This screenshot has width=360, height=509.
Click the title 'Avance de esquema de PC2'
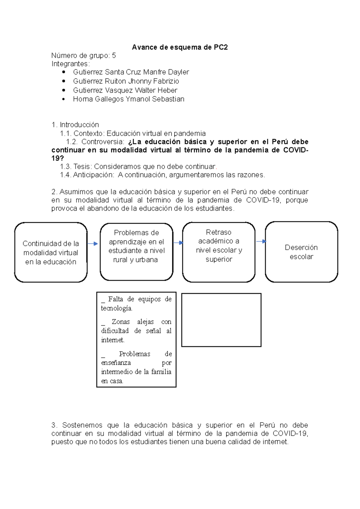[180, 47]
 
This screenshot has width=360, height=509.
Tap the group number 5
[114, 55]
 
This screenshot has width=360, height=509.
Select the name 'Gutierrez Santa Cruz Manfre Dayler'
[131, 72]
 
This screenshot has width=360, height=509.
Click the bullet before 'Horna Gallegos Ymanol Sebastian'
[63, 99]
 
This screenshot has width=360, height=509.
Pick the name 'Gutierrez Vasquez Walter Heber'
[125, 90]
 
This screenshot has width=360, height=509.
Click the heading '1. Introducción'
[75, 125]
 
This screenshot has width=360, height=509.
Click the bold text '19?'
[58, 158]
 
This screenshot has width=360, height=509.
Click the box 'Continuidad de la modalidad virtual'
[51, 252]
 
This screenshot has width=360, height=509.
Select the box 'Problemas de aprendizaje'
[136, 252]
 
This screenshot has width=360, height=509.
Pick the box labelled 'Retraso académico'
[219, 252]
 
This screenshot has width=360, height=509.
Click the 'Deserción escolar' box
[301, 252]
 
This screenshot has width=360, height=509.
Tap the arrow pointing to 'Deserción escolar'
[261, 241]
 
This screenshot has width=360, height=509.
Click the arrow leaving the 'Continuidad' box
[93, 244]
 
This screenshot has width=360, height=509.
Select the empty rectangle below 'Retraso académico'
[221, 320]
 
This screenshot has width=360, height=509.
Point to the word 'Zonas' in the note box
[121, 322]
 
